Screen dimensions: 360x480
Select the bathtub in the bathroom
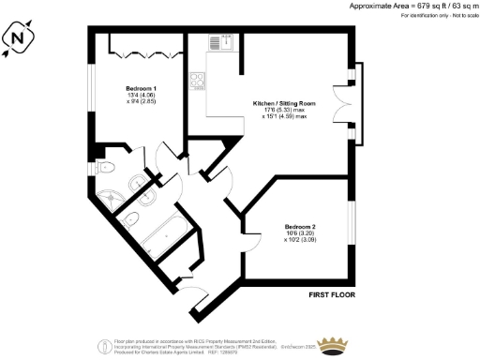pos(167,230)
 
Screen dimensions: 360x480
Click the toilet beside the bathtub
pos(133,220)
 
